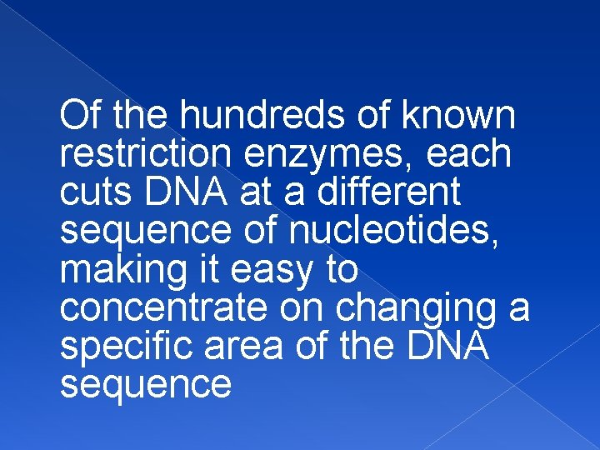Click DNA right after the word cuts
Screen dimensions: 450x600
pyautogui.click(x=185, y=192)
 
